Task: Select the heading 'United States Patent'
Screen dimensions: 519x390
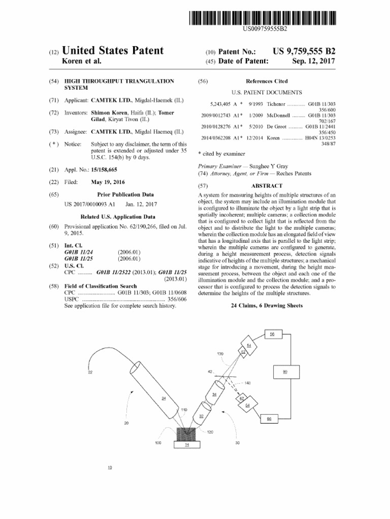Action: click(112, 51)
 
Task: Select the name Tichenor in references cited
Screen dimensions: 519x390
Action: click(270, 103)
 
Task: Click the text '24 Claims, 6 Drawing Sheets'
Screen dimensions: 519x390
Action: click(267, 306)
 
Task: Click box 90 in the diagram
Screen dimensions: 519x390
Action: click(285, 372)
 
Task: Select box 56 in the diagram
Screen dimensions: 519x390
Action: click(272, 334)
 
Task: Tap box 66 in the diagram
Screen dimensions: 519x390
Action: click(269, 418)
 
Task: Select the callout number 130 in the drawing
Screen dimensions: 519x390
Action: click(220, 354)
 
